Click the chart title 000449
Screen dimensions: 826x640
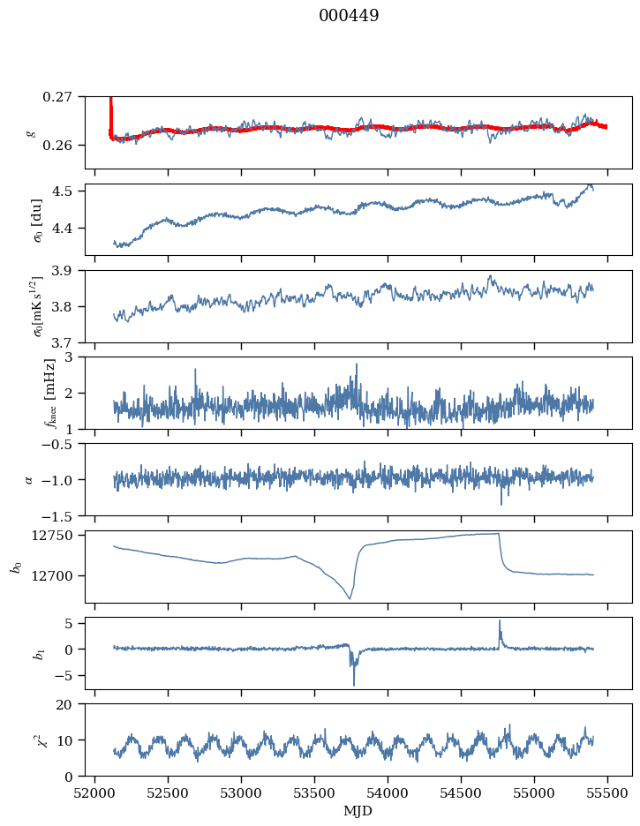click(x=349, y=16)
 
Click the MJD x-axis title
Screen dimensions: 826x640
click(x=358, y=811)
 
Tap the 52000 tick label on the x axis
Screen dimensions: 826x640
click(x=95, y=792)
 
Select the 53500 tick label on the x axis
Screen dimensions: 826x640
click(x=315, y=792)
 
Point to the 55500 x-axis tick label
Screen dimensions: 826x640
click(x=607, y=792)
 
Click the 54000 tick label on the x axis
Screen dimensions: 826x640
click(x=388, y=792)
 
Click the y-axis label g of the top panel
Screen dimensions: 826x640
click(x=31, y=132)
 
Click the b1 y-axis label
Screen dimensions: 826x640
click(x=15, y=653)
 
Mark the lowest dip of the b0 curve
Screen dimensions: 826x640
click(x=350, y=599)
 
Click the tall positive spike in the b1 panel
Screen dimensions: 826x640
click(x=500, y=620)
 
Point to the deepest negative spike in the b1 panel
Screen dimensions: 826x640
click(x=354, y=685)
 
